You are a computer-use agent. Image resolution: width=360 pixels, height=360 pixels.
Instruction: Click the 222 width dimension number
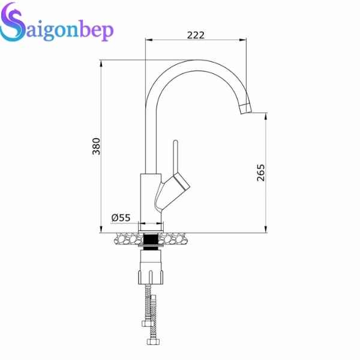[196, 35]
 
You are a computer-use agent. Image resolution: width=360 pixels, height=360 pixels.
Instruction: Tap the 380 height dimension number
[96, 146]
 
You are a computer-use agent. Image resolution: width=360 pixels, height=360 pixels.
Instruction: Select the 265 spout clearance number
[260, 172]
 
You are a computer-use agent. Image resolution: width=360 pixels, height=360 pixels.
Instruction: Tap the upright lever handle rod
[175, 157]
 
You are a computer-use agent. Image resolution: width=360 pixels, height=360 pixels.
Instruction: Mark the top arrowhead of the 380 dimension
[101, 62]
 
